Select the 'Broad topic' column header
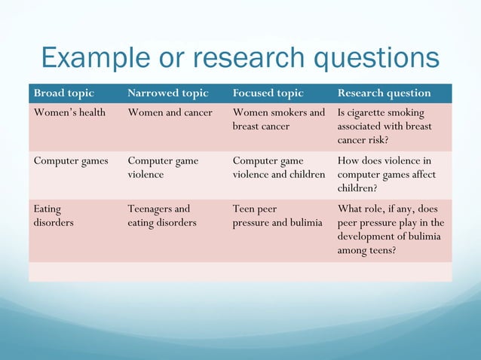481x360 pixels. pyautogui.click(x=64, y=93)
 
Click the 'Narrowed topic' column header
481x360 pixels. pyautogui.click(x=167, y=93)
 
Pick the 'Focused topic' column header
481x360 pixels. pyautogui.click(x=268, y=93)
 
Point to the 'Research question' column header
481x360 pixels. pyautogui.click(x=384, y=93)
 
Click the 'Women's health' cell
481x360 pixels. pyautogui.click(x=69, y=113)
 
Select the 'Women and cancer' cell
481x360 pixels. pyautogui.click(x=170, y=113)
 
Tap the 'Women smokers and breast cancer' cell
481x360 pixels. pyautogui.click(x=278, y=120)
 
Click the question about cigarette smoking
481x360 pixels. pyautogui.click(x=384, y=127)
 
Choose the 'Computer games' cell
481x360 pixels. pyautogui.click(x=71, y=160)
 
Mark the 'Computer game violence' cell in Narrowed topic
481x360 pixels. pyautogui.click(x=163, y=167)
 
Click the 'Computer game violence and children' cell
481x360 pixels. pyautogui.click(x=278, y=167)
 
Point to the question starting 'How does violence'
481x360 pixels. pyautogui.click(x=386, y=174)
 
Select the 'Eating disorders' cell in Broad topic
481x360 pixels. pyautogui.click(x=54, y=215)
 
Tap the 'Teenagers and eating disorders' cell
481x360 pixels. pyautogui.click(x=161, y=215)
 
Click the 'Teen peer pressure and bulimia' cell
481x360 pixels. pyautogui.click(x=277, y=215)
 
